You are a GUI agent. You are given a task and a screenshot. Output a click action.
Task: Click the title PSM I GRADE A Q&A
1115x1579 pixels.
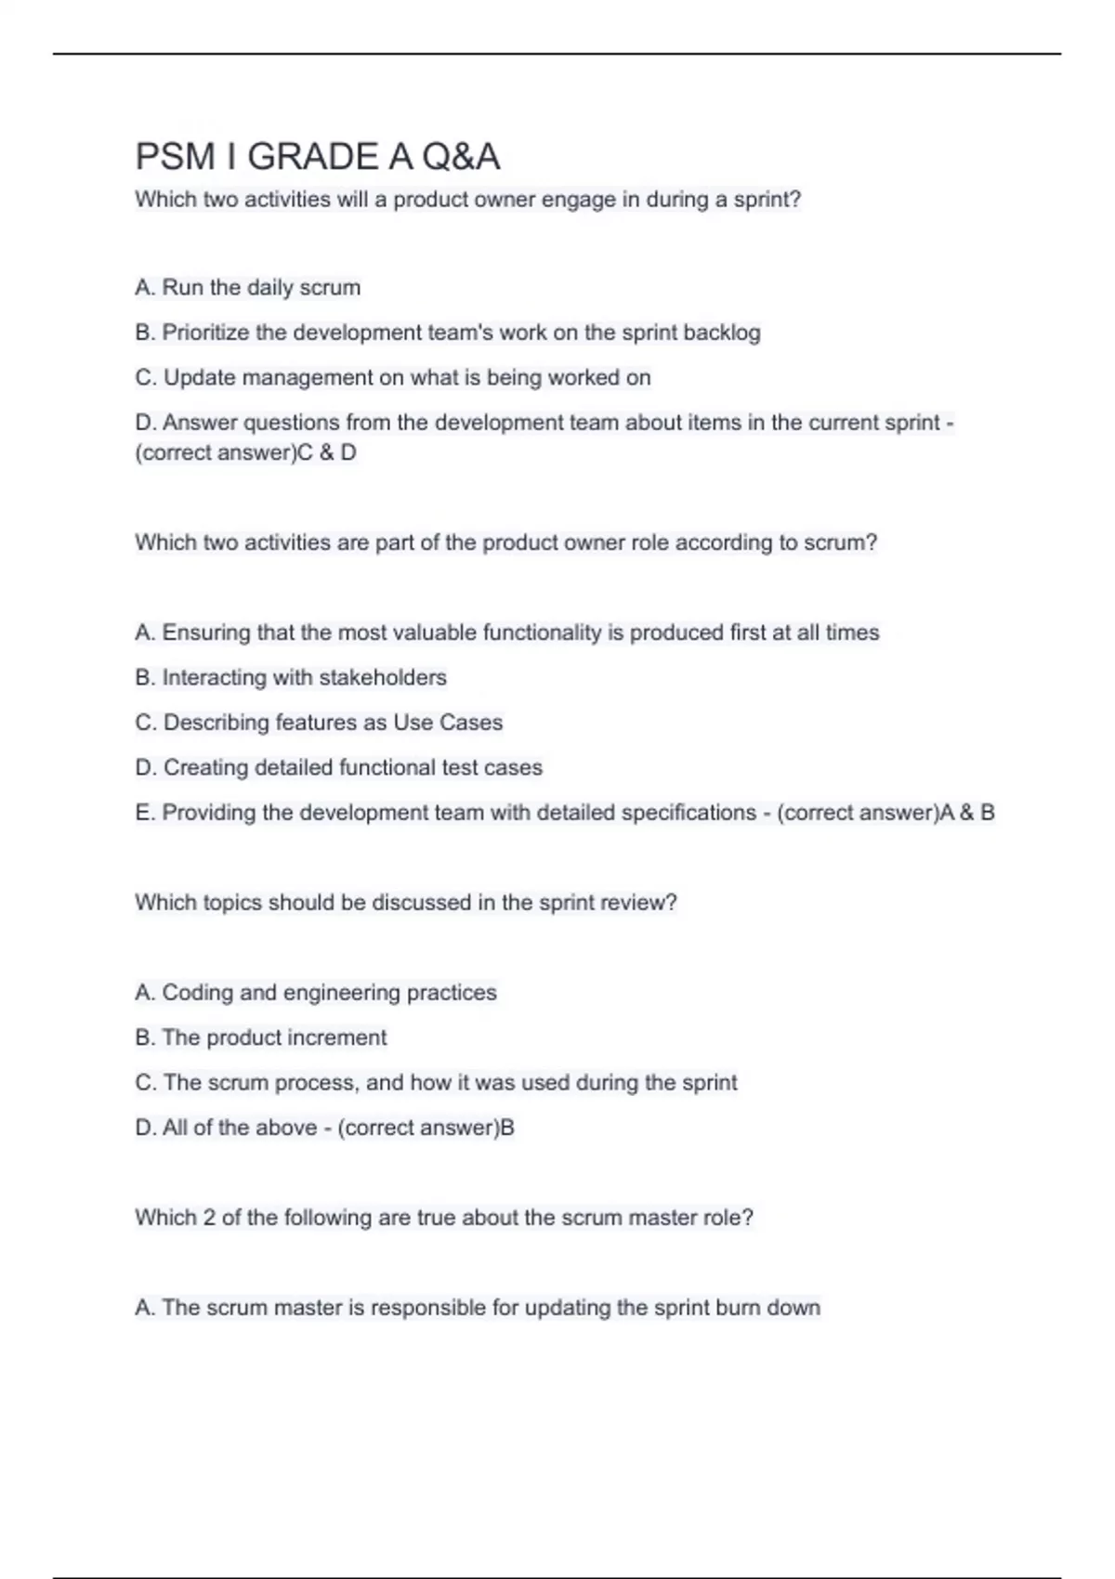point(318,157)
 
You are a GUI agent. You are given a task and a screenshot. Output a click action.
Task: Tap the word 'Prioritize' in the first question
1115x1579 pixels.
point(205,333)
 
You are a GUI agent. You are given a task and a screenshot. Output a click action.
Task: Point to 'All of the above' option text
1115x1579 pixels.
point(240,1128)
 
